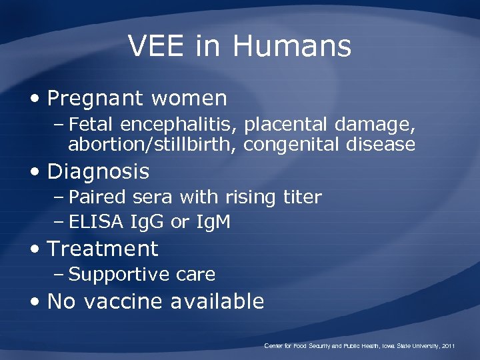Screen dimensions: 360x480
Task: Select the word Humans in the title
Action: (291, 46)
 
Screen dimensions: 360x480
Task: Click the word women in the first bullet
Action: (189, 99)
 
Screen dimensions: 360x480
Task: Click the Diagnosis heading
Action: (98, 172)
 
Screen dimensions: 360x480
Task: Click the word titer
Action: (301, 197)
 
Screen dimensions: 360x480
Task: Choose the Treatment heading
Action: (103, 249)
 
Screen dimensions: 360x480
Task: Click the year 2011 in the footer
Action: (447, 346)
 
